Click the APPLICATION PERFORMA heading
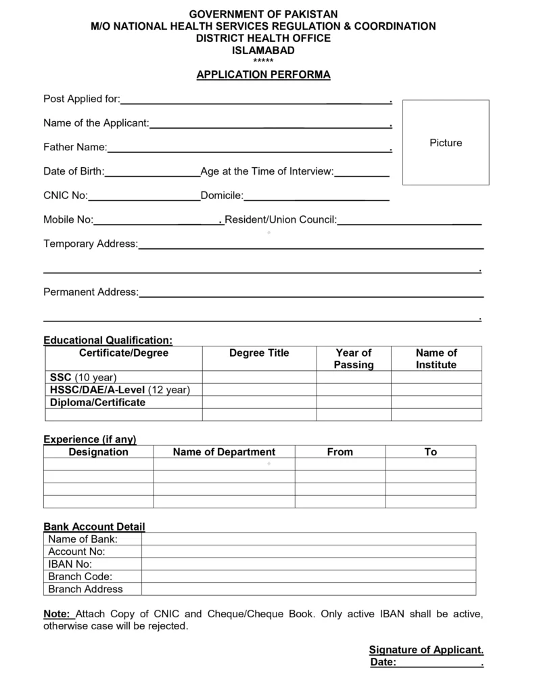click(263, 75)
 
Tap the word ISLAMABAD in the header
click(263, 51)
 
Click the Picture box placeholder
click(446, 143)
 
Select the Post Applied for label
click(81, 99)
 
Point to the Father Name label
click(75, 147)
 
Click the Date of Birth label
click(74, 172)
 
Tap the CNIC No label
click(66, 196)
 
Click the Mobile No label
click(68, 220)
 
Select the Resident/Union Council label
click(281, 220)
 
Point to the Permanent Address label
click(91, 292)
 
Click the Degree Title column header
click(259, 353)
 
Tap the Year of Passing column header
click(353, 359)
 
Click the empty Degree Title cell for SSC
click(259, 377)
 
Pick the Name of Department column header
click(224, 452)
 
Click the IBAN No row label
click(70, 564)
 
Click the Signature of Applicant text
click(426, 650)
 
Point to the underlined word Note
click(57, 614)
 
